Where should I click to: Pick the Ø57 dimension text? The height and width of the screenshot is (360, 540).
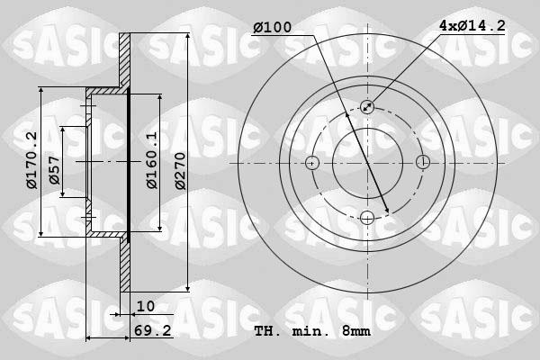55,175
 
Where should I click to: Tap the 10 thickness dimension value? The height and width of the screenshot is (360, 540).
145,306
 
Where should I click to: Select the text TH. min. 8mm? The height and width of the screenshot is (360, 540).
312,332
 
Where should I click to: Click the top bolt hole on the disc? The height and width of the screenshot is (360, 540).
367,107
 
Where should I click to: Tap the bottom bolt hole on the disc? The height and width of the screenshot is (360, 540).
367,217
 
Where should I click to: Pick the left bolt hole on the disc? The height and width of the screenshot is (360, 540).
312,163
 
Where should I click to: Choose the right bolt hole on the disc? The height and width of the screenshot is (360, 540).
422,163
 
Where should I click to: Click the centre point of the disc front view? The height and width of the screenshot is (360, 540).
367,163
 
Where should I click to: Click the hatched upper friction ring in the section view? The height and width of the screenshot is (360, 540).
126,63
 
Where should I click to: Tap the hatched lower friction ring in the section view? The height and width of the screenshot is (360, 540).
126,265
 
